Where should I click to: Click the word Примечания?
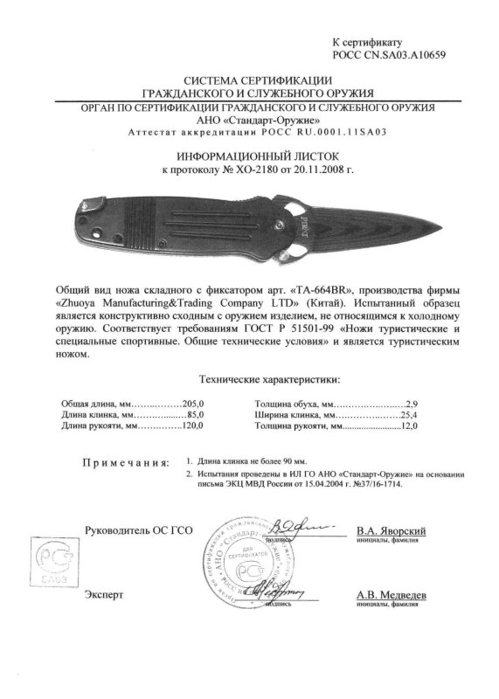[126, 460]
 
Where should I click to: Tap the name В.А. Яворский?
[392, 530]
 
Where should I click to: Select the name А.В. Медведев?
[392, 593]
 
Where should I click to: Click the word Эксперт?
[105, 594]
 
